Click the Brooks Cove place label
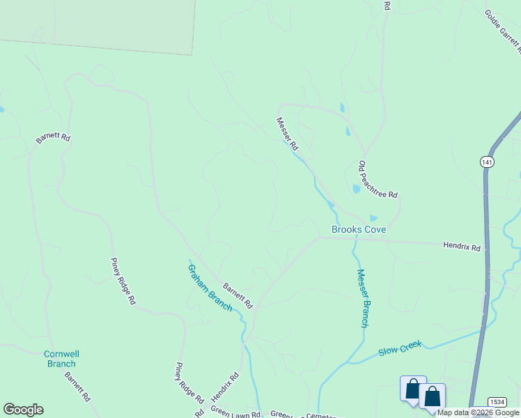click(358, 229)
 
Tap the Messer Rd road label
click(287, 134)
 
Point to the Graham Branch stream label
click(210, 287)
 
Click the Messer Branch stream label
click(362, 298)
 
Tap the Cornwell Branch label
click(59, 358)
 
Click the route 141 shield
click(487, 162)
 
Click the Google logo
click(23, 410)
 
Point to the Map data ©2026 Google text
click(478, 412)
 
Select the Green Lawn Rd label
click(235, 413)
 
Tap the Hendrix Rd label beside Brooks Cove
click(461, 247)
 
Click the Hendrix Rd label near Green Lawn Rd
click(224, 386)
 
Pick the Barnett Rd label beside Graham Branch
click(238, 295)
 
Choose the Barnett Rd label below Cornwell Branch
click(77, 387)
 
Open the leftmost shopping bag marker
click(412, 389)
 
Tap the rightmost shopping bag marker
click(432, 396)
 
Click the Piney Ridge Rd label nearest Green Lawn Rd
click(189, 383)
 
